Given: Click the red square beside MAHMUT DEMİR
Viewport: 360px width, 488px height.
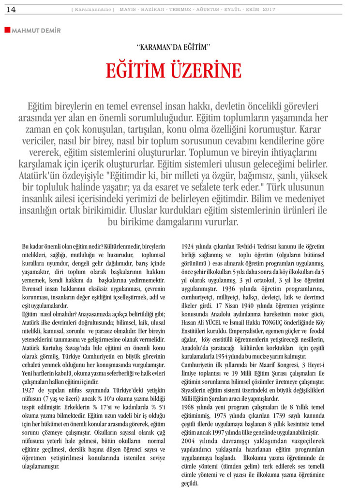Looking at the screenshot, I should (x=7, y=30).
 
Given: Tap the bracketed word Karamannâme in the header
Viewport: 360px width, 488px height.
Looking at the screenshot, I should (x=92, y=10).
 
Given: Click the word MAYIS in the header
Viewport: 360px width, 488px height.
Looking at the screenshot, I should (x=129, y=10).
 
